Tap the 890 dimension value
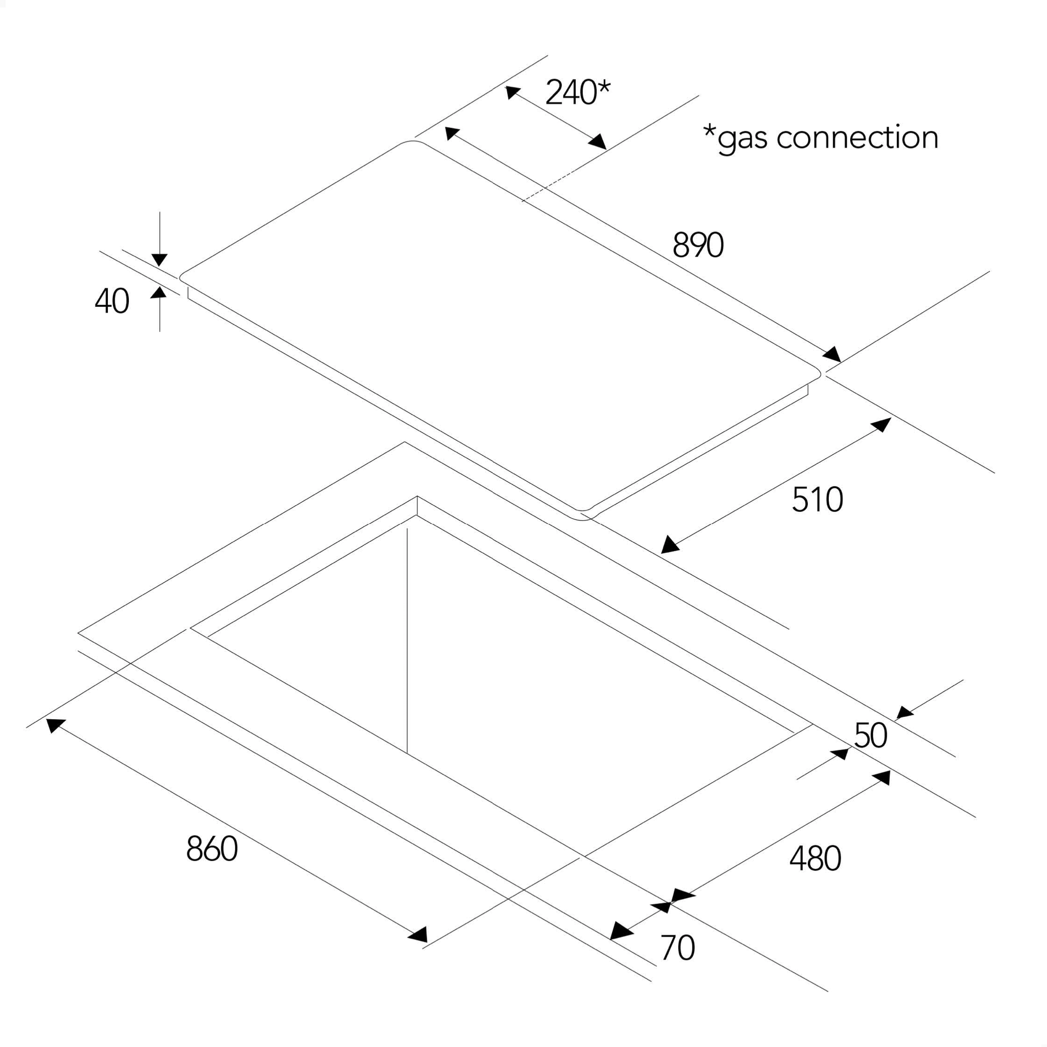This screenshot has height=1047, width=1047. click(697, 246)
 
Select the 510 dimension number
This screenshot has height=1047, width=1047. click(817, 499)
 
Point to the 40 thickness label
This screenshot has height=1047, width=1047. click(112, 302)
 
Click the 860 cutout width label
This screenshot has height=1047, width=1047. click(211, 849)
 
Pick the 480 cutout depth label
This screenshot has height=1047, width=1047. click(815, 859)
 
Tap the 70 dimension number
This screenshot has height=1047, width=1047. click(677, 948)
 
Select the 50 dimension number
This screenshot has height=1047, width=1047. click(871, 736)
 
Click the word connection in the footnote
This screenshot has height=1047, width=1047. click(857, 138)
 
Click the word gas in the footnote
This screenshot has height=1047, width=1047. click(742, 139)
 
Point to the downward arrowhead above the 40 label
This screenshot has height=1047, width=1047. click(159, 260)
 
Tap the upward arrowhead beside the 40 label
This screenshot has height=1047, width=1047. click(159, 293)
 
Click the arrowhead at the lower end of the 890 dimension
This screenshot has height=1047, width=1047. click(831, 355)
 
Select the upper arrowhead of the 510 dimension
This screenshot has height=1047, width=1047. click(882, 425)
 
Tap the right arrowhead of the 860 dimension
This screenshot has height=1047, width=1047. click(418, 935)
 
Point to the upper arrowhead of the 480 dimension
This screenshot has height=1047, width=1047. click(882, 778)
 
